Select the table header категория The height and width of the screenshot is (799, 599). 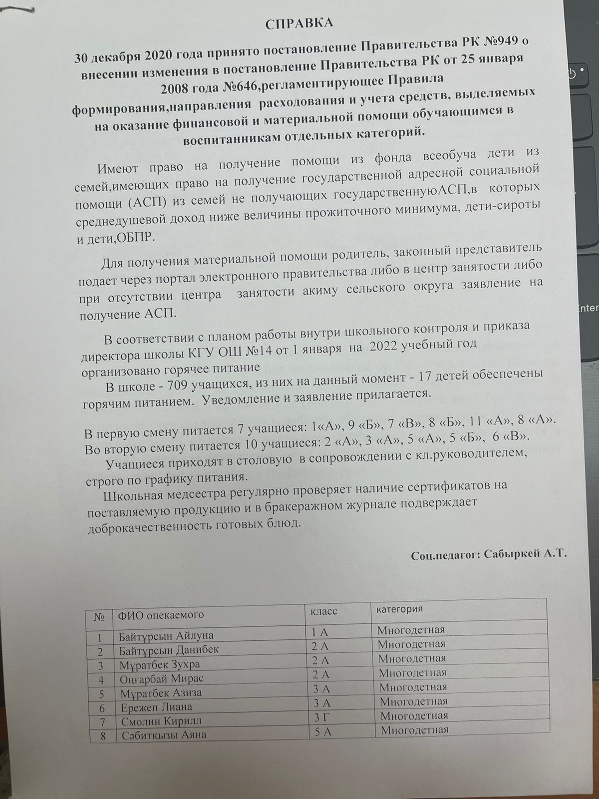point(399,609)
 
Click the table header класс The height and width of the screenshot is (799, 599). point(324,611)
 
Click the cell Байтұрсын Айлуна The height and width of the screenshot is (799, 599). point(166,636)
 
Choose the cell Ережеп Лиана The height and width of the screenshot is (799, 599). point(156,707)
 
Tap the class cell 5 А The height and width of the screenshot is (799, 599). point(321,732)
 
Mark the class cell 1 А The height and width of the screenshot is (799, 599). point(319,632)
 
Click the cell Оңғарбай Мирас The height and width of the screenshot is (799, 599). point(161,679)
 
